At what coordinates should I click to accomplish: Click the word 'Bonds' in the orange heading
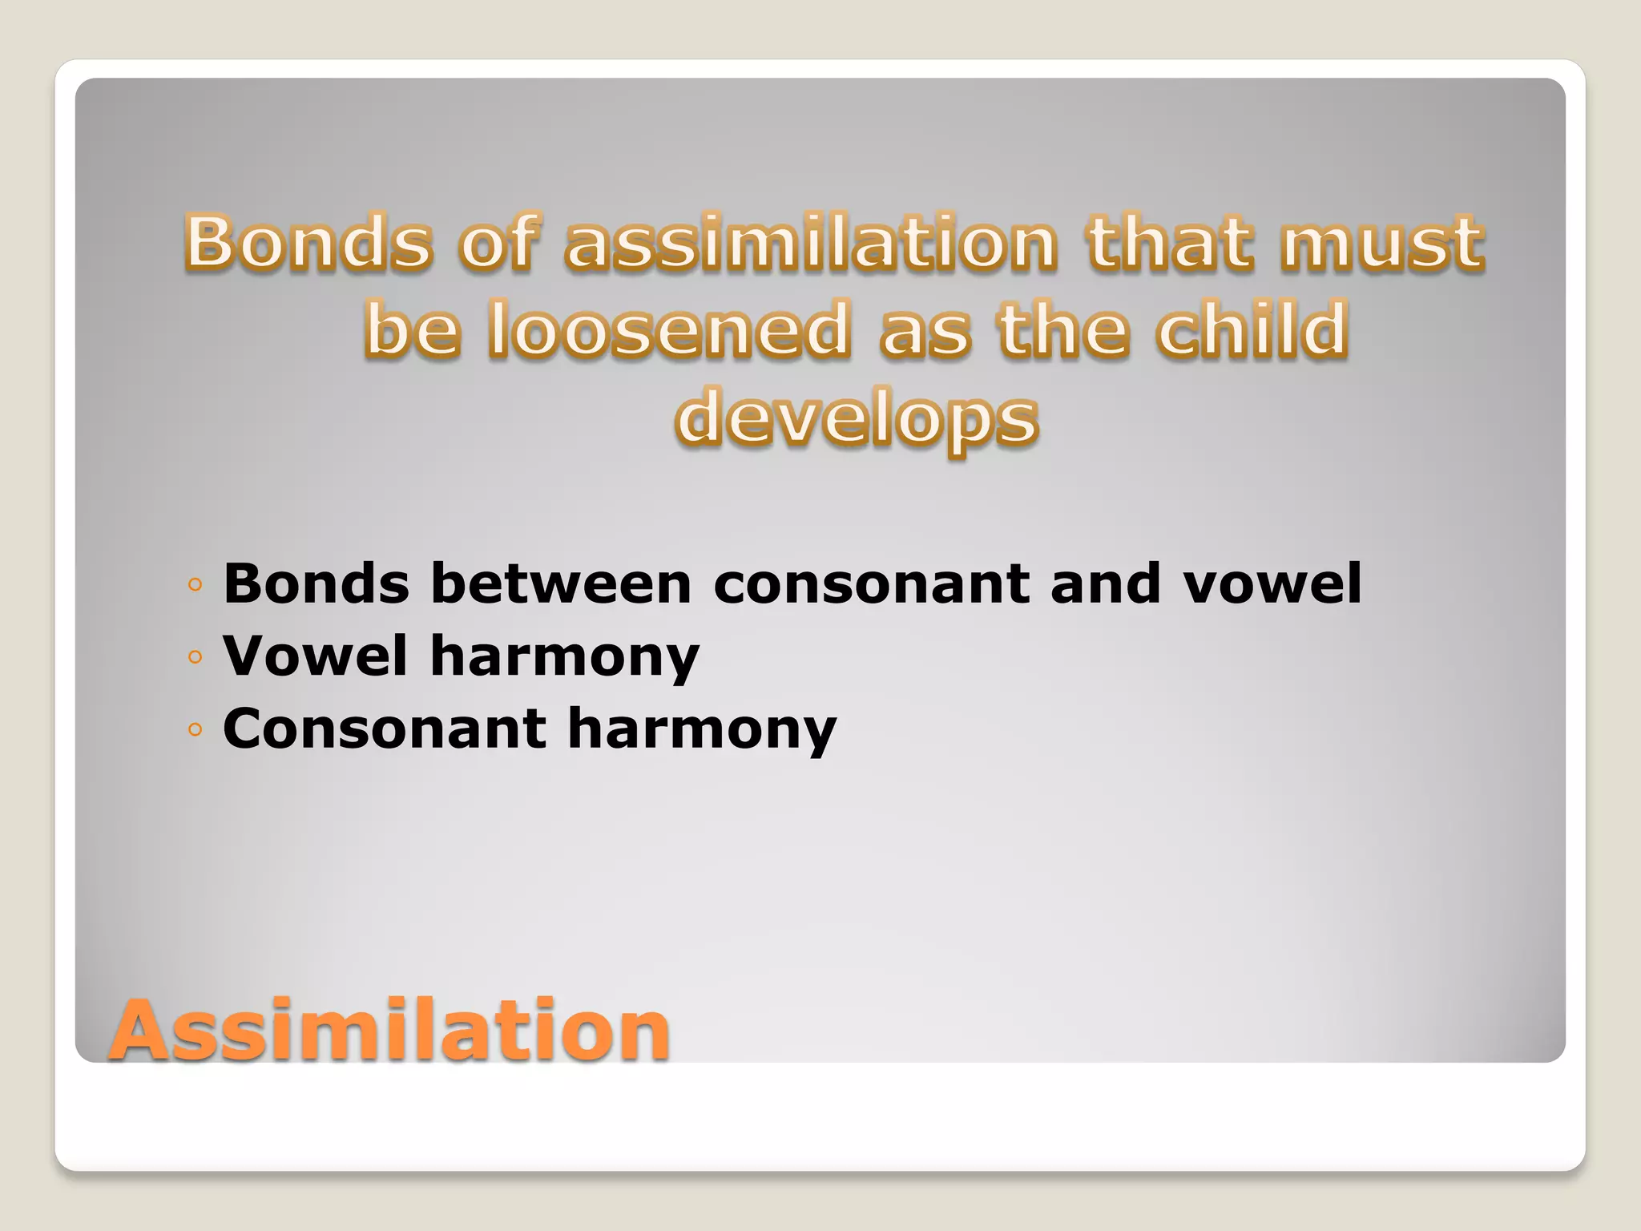pos(309,241)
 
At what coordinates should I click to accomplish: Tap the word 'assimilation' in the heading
pos(811,241)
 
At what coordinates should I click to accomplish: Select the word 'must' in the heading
pos(1382,241)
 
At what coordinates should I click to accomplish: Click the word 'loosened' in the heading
pos(670,329)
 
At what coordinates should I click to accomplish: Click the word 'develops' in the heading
pos(857,417)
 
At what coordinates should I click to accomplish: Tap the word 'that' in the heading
pos(1170,241)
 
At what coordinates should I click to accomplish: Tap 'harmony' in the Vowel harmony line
pos(565,656)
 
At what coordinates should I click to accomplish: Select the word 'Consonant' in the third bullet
pos(384,729)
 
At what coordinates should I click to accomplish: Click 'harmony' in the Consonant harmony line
pos(702,729)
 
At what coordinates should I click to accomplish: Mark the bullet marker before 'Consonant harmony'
pos(195,730)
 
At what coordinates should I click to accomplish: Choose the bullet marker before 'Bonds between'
pos(195,585)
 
